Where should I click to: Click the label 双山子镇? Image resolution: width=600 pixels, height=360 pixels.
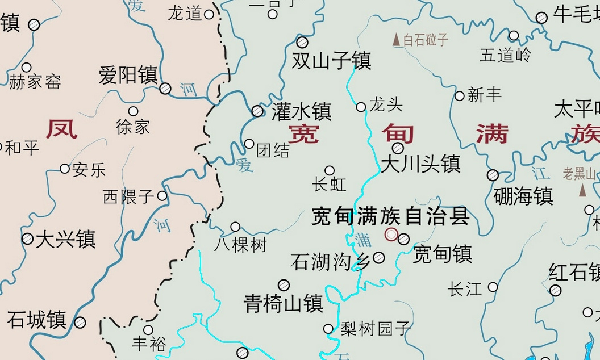(331, 60)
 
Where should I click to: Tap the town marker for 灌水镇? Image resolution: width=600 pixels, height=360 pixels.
(257, 111)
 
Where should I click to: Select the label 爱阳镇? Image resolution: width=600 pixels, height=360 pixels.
(128, 75)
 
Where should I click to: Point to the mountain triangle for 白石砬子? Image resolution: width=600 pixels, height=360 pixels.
(397, 40)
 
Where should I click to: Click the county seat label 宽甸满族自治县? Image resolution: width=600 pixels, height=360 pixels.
(390, 217)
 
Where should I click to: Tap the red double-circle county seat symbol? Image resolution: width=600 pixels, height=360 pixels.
(391, 235)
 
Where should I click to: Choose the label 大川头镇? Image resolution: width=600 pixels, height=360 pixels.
(420, 165)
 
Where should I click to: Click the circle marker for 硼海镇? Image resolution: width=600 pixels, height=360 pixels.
(493, 175)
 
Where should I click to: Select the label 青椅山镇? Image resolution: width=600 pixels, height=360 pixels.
(283, 303)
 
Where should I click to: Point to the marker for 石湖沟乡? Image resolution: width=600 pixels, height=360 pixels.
(378, 258)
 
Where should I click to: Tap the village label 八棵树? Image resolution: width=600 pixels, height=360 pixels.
(240, 245)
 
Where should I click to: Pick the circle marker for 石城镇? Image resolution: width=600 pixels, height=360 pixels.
(80, 323)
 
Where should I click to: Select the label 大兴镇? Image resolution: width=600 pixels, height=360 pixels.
(65, 239)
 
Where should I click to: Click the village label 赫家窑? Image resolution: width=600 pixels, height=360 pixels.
(35, 82)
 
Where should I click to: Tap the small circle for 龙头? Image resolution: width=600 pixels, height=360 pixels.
(361, 107)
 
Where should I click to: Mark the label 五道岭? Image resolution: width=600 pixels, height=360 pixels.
(505, 55)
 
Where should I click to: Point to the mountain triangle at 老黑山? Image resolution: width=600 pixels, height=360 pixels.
(582, 190)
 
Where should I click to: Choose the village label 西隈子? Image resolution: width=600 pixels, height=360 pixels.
(128, 197)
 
